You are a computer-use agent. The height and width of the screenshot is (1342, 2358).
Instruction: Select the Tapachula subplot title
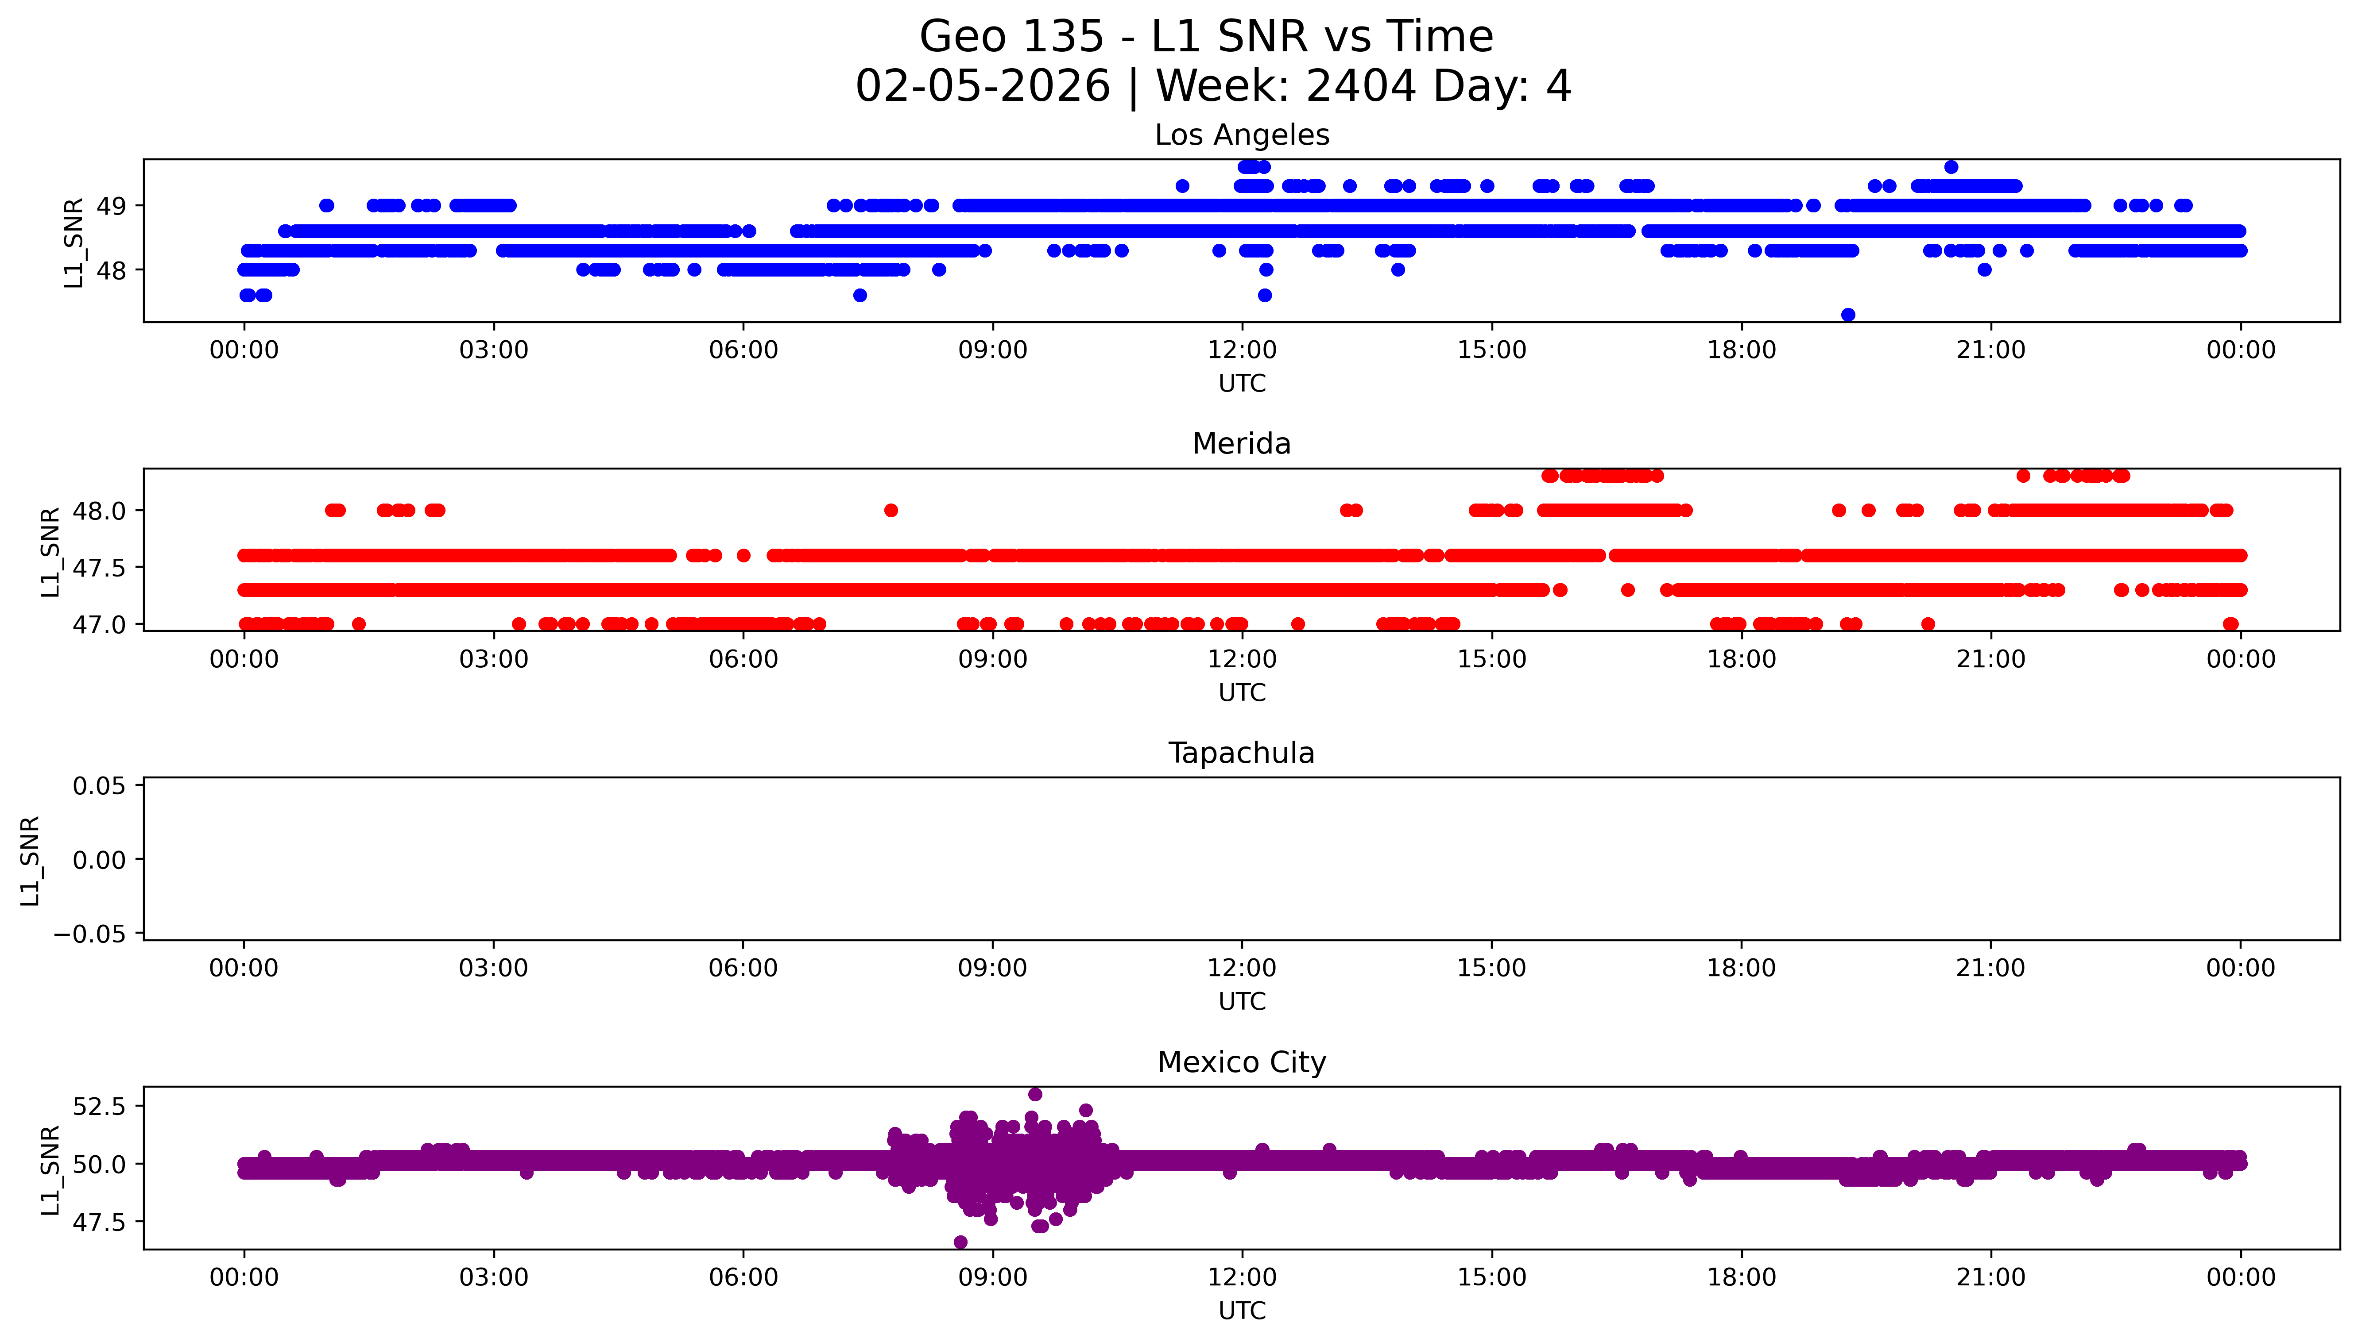click(1241, 753)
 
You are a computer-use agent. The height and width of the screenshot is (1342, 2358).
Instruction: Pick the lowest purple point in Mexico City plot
click(960, 1242)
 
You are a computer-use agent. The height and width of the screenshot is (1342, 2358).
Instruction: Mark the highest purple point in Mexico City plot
click(1035, 1094)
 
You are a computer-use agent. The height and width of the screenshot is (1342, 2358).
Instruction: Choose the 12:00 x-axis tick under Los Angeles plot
click(1242, 350)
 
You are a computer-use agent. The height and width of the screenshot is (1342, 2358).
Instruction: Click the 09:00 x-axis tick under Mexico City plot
click(992, 1277)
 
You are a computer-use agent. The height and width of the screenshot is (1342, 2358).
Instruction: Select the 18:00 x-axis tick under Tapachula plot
click(1741, 968)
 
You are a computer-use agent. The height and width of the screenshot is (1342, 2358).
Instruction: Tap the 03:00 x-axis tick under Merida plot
click(493, 659)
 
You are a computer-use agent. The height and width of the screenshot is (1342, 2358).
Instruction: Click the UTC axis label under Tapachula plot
click(1241, 1001)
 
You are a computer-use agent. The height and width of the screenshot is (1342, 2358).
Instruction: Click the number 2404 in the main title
click(1360, 87)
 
